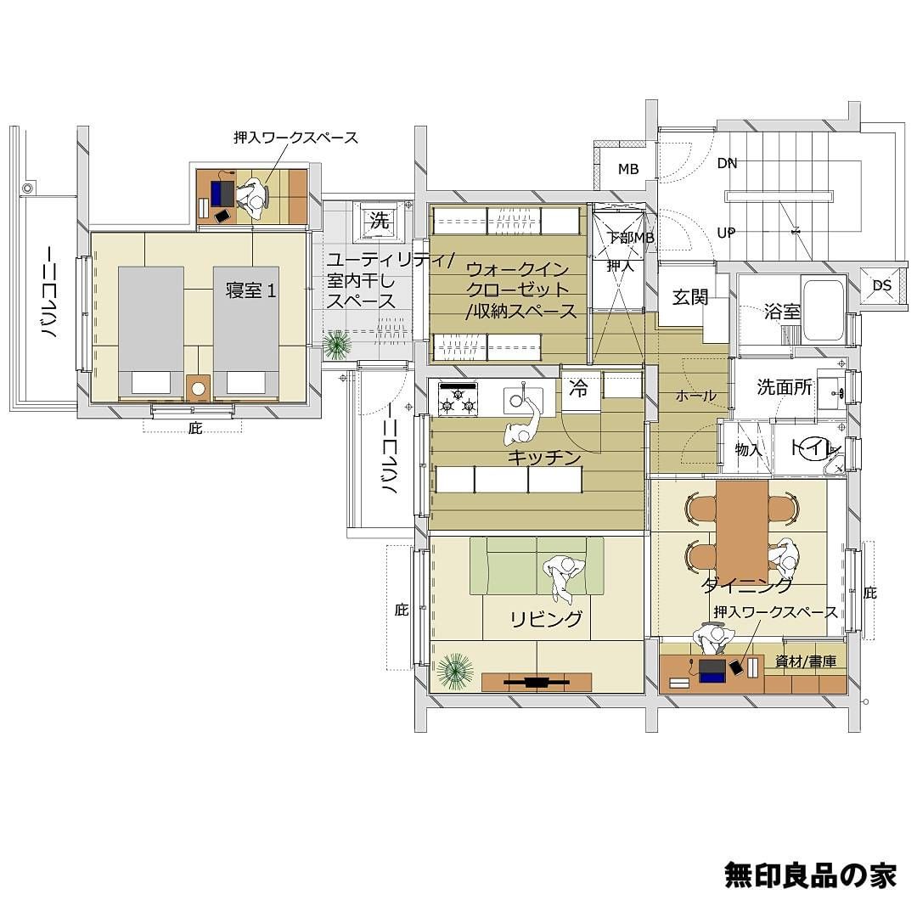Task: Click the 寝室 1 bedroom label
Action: pyautogui.click(x=250, y=290)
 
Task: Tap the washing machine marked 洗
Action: pyautogui.click(x=379, y=221)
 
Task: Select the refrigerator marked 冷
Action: pyautogui.click(x=579, y=388)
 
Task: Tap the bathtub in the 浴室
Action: pyautogui.click(x=823, y=311)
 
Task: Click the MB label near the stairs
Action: pyautogui.click(x=628, y=170)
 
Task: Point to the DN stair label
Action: pyautogui.click(x=727, y=164)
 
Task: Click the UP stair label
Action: pyautogui.click(x=726, y=233)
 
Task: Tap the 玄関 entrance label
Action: pyautogui.click(x=690, y=297)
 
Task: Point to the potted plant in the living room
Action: pyautogui.click(x=455, y=671)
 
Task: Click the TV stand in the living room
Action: pyautogui.click(x=537, y=681)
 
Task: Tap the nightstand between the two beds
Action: pyautogui.click(x=198, y=388)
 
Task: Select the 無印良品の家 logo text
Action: pyautogui.click(x=810, y=875)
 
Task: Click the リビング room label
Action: pyautogui.click(x=547, y=619)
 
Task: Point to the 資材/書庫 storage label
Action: pyautogui.click(x=805, y=661)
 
